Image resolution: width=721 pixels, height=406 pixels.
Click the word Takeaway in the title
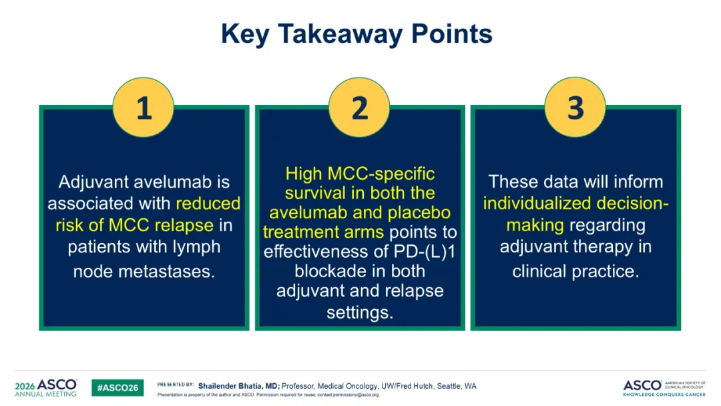[340, 34]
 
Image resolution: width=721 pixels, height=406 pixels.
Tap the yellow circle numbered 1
[144, 107]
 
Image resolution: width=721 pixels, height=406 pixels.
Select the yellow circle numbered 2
[359, 107]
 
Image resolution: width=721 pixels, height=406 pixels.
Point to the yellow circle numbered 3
[575, 107]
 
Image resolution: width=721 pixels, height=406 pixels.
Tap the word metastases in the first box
[166, 271]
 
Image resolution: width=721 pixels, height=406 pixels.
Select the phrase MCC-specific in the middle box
[381, 174]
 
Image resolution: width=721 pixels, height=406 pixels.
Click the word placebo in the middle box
[419, 213]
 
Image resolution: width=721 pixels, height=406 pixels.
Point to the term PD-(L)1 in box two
[424, 252]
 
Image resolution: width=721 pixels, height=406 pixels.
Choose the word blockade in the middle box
[327, 271]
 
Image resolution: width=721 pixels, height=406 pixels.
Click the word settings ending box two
[360, 313]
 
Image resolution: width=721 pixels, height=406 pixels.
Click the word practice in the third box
[606, 271]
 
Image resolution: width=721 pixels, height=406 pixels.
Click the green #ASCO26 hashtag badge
[117, 387]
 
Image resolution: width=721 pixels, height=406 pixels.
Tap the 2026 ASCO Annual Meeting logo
[46, 387]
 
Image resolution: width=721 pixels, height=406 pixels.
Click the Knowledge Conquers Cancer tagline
[664, 395]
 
